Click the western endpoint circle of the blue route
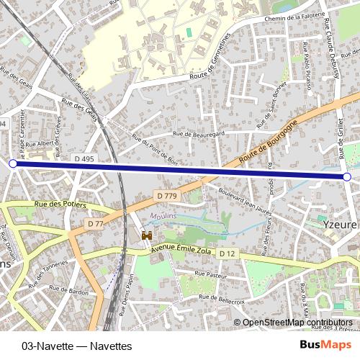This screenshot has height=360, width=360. [12, 164]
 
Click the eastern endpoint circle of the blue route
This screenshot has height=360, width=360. [347, 176]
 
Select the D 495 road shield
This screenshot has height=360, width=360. [84, 158]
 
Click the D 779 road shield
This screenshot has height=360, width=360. [166, 195]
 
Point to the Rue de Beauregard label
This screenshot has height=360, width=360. [199, 133]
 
